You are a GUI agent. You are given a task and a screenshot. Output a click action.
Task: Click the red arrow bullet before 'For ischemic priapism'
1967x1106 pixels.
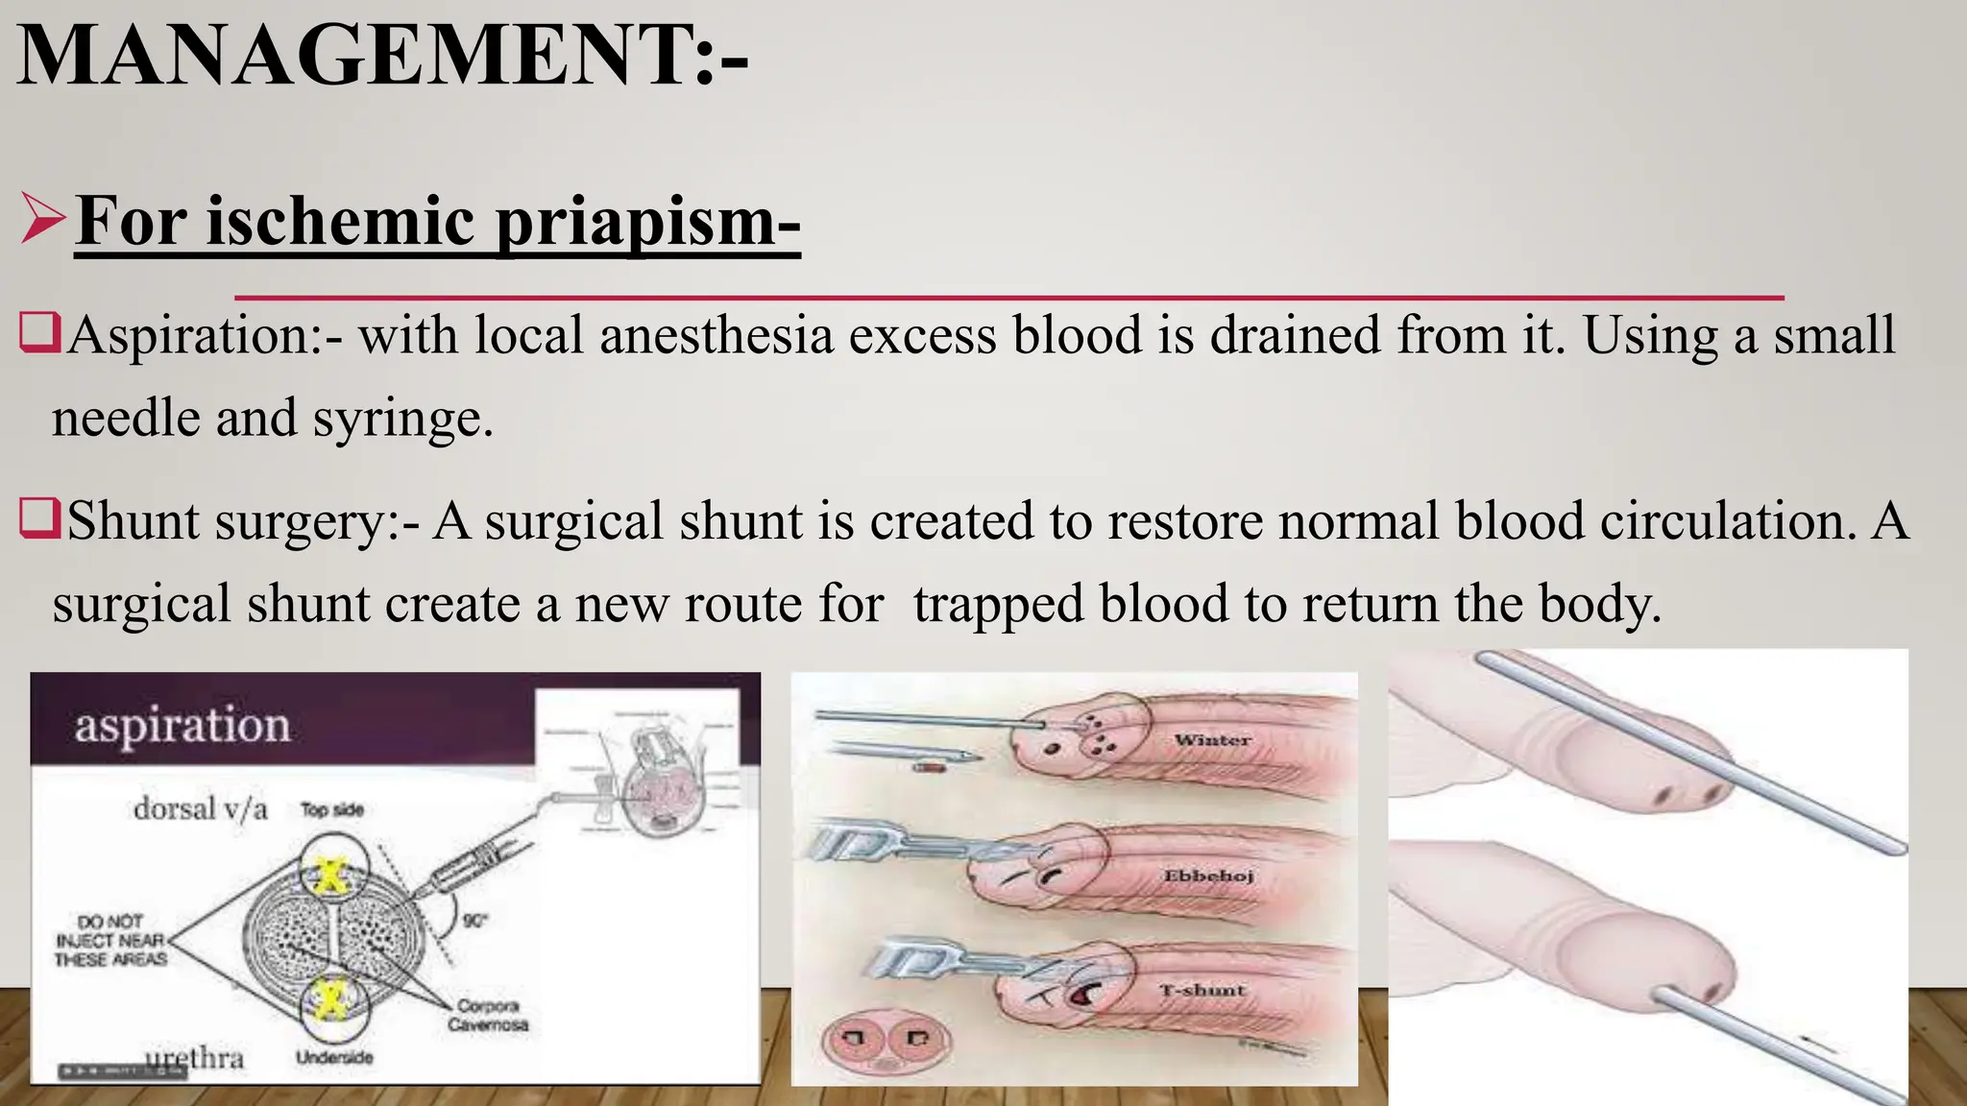click(x=42, y=221)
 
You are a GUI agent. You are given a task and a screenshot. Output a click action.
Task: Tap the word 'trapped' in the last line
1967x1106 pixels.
click(x=1000, y=605)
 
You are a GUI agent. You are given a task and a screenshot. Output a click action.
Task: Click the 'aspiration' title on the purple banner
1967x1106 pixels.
click(x=182, y=725)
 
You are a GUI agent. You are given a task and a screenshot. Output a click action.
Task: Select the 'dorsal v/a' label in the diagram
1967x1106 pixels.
click(x=200, y=808)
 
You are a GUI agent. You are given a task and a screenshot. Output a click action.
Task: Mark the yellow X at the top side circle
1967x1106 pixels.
click(x=331, y=873)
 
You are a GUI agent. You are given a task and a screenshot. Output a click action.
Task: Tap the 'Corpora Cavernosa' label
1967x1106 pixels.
click(x=487, y=1015)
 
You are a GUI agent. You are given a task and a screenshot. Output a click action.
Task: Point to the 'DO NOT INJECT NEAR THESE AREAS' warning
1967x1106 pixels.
click(x=110, y=940)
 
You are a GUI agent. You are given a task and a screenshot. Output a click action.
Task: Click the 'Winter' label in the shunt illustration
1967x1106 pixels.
click(x=1212, y=740)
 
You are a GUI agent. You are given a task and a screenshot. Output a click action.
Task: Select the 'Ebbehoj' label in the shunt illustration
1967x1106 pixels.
click(x=1208, y=876)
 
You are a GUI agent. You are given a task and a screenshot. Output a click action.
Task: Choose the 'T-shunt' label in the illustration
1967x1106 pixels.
click(x=1202, y=990)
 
